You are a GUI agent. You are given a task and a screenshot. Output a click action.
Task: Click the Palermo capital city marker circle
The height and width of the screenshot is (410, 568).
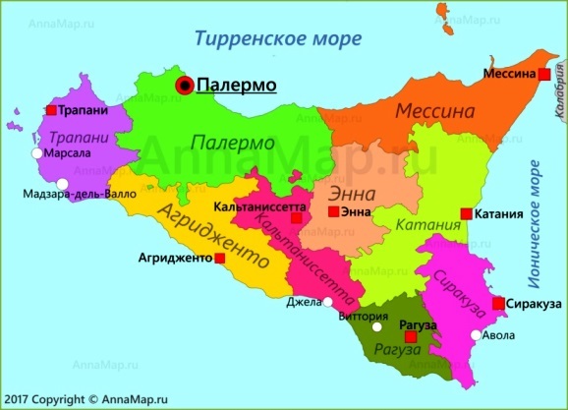point(185,87)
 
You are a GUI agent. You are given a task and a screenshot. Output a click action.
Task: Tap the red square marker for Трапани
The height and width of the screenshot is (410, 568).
point(51,111)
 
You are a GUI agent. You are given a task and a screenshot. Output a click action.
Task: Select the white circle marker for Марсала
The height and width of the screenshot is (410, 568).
point(36,153)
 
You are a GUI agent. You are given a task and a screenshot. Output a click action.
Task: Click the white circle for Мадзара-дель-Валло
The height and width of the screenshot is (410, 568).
point(62,183)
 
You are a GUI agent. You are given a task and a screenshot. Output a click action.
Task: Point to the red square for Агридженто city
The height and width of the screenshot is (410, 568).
point(219,258)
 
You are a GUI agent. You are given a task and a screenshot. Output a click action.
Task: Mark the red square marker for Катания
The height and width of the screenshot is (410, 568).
point(465,213)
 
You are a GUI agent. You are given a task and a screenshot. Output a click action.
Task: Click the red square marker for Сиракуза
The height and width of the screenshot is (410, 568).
point(499,304)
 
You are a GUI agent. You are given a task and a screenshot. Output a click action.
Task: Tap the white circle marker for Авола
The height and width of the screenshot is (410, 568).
point(477,335)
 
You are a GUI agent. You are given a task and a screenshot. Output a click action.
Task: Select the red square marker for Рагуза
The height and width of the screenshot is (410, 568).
point(412,336)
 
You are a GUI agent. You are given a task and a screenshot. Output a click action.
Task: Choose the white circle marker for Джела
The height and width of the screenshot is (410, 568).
point(328,303)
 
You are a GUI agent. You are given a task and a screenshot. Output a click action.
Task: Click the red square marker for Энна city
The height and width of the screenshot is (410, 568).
point(333,211)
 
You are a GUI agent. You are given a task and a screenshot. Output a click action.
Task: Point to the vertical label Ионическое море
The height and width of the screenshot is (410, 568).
point(536,218)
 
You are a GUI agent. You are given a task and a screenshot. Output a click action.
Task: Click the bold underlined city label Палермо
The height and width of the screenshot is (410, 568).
point(237,86)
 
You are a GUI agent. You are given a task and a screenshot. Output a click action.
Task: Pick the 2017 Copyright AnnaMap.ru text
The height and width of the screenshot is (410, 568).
point(72,399)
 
